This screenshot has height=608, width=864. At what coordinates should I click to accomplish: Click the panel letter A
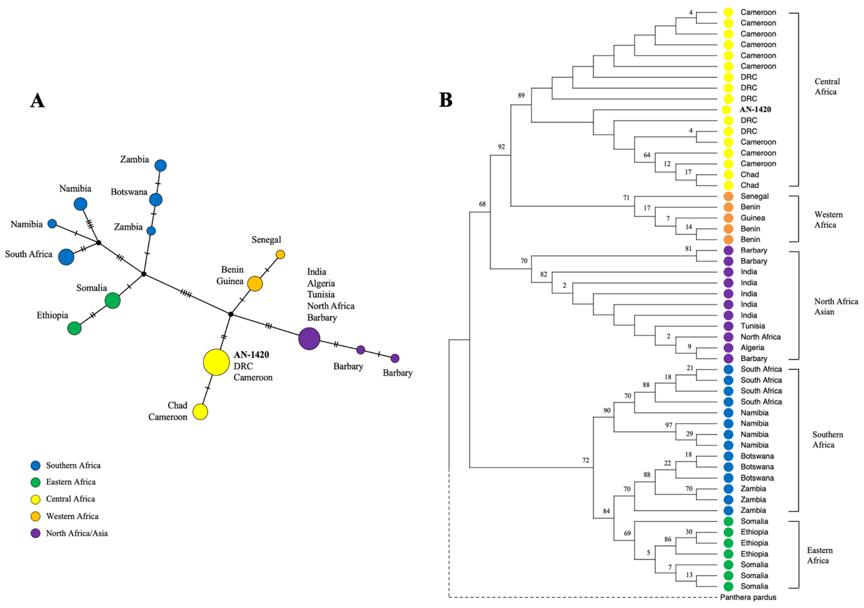click(37, 101)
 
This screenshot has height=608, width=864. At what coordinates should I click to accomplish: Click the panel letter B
click(446, 100)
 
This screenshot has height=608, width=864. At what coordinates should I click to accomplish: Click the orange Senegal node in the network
click(280, 255)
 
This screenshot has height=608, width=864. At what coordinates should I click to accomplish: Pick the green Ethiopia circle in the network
click(74, 328)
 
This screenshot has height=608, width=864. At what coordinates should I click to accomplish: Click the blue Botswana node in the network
click(156, 200)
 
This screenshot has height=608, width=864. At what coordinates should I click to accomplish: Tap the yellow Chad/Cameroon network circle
click(200, 412)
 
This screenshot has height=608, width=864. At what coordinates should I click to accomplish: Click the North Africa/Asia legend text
click(77, 533)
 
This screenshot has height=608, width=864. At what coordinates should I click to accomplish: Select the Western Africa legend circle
click(35, 517)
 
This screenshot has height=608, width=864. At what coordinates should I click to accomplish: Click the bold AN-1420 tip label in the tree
click(755, 109)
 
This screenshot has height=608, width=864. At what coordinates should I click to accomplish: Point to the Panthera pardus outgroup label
click(748, 597)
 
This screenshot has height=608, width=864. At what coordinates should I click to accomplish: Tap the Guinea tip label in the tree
click(753, 218)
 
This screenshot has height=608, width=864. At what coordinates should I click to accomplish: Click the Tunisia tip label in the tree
click(753, 326)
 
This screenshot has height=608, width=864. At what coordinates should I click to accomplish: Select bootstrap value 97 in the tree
click(668, 425)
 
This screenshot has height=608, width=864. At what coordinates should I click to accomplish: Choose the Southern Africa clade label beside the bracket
click(827, 440)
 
